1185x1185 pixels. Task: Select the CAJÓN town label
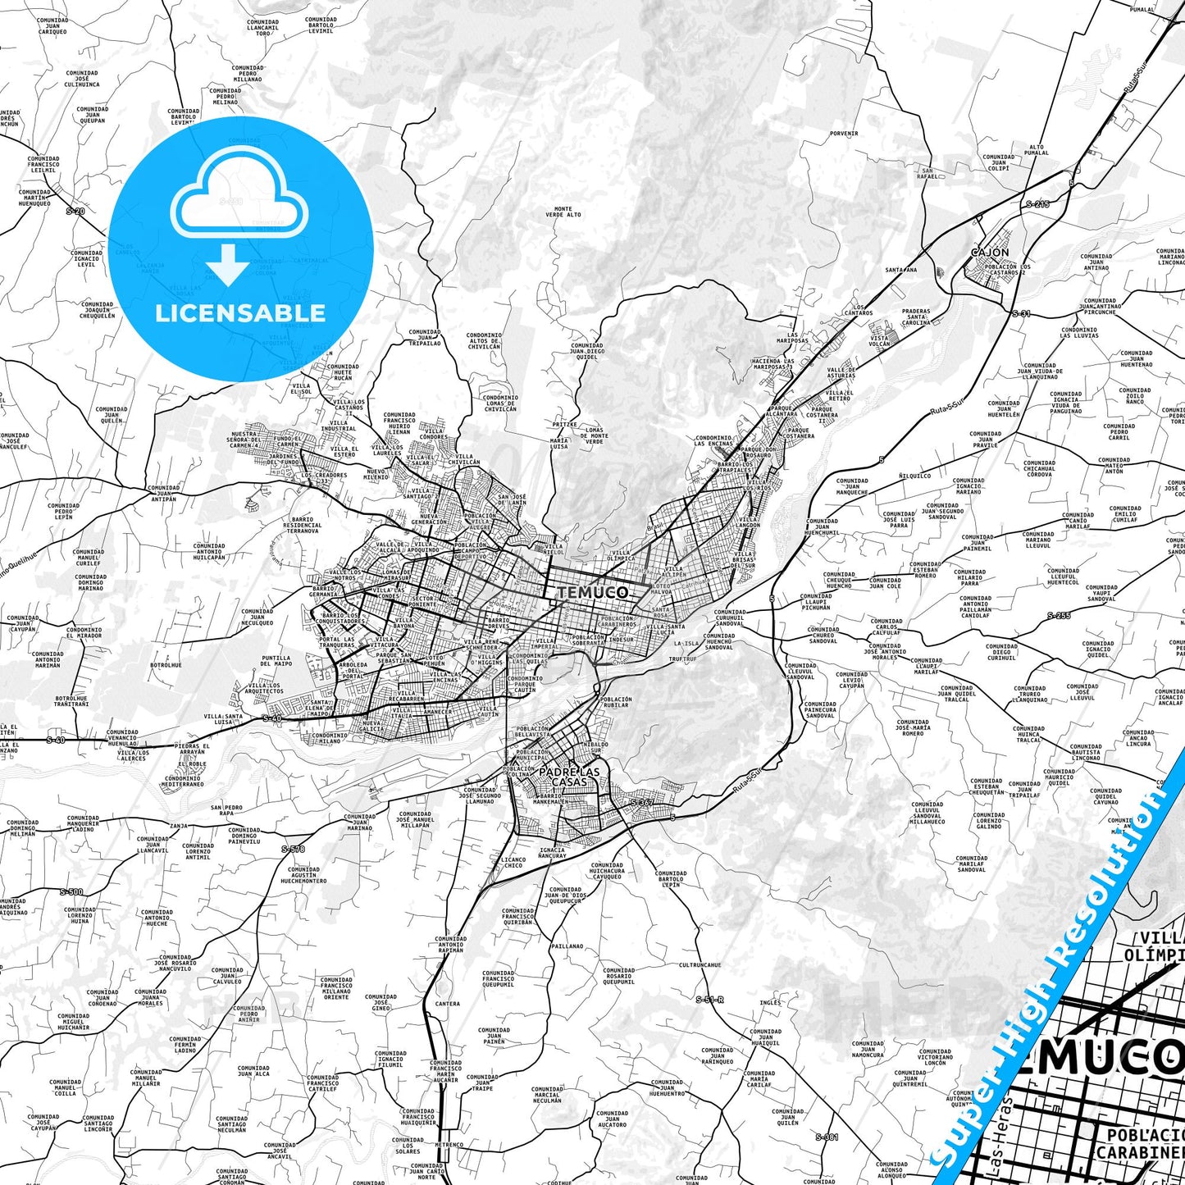coord(989,253)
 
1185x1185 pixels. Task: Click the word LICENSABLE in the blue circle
coord(240,312)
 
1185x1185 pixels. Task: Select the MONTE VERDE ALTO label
coord(563,212)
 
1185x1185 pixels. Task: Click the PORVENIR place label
coord(843,133)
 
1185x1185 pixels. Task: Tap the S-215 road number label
coord(1037,203)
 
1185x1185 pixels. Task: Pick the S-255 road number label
coord(1059,615)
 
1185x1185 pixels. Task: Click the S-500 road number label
coord(71,891)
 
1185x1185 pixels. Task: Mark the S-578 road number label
coord(292,849)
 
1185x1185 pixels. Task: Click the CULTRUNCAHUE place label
coord(700,965)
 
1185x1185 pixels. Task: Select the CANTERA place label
coord(448,1004)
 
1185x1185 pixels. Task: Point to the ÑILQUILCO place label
coord(914,475)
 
